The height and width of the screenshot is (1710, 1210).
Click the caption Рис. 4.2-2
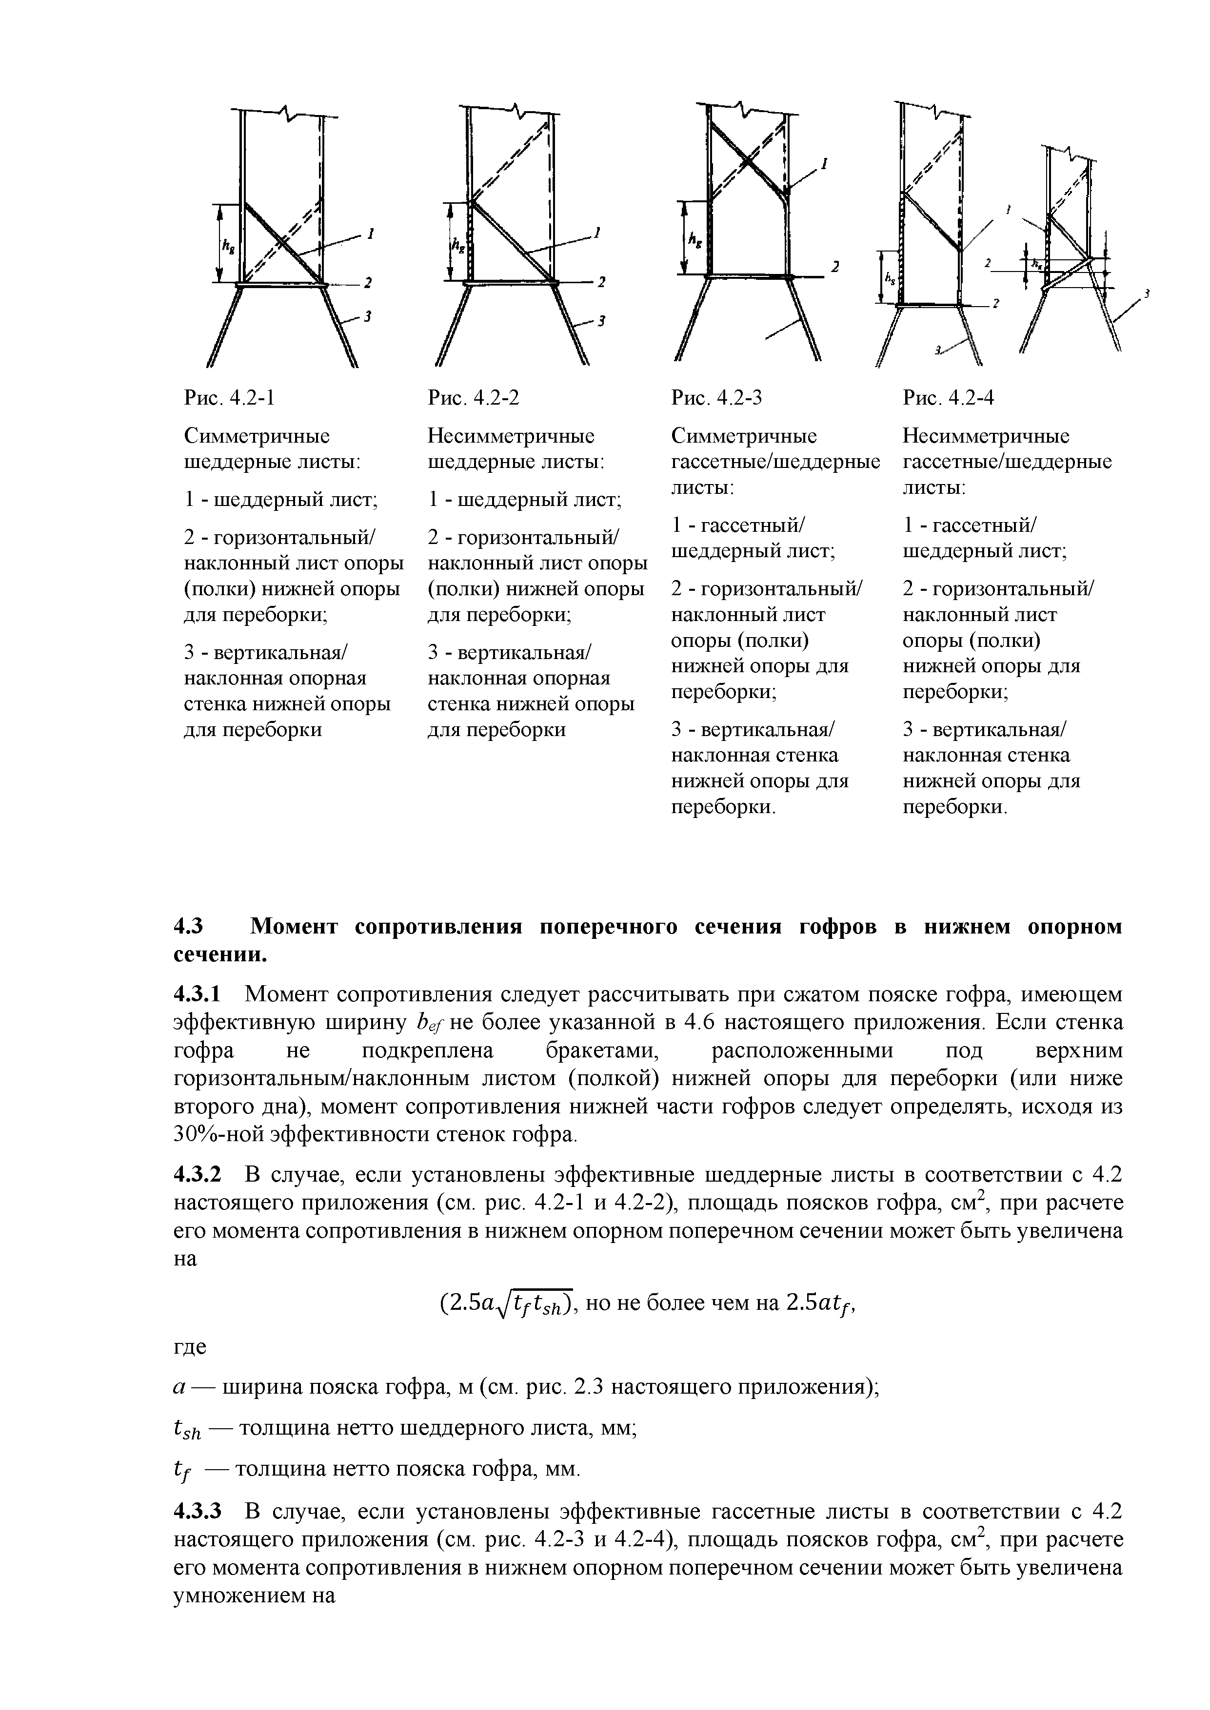pos(473,398)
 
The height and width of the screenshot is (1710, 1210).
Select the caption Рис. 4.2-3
pos(717,398)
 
